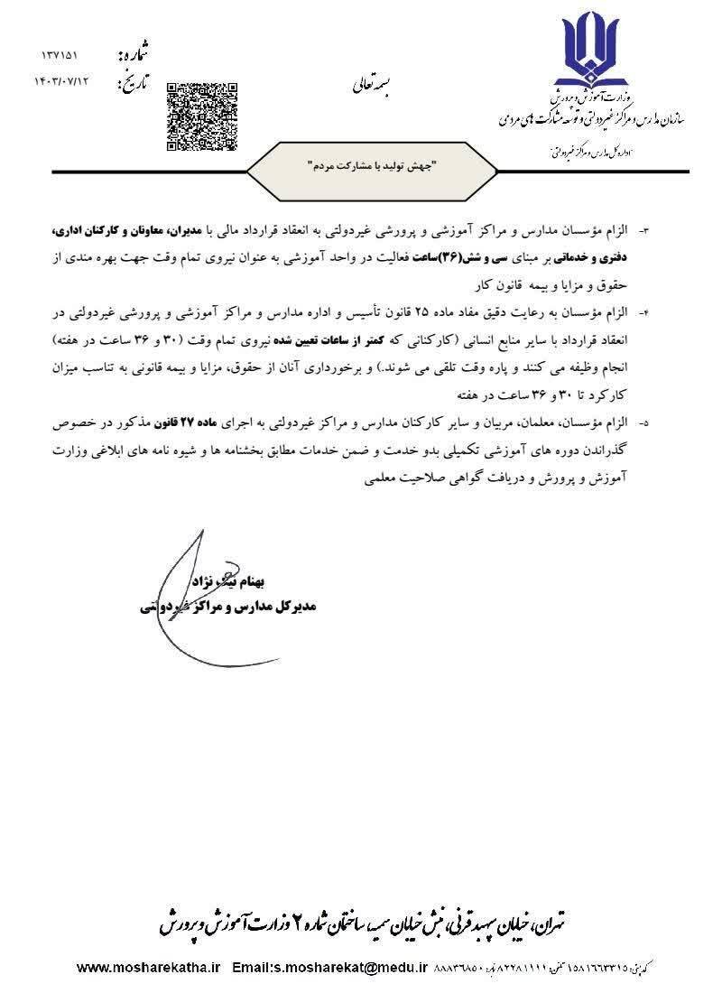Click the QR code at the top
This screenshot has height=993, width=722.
(x=202, y=116)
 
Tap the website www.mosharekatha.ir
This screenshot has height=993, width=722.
(x=149, y=967)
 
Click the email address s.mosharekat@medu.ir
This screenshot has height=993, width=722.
(x=344, y=967)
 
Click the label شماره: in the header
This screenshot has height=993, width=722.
(x=132, y=56)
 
